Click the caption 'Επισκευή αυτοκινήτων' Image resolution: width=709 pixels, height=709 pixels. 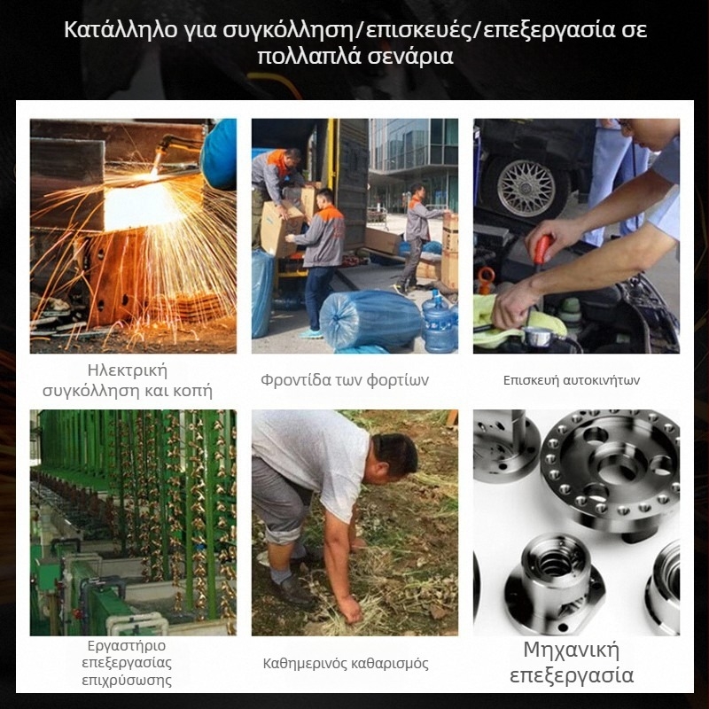click(x=571, y=380)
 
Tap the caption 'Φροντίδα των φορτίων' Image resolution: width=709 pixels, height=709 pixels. click(x=345, y=380)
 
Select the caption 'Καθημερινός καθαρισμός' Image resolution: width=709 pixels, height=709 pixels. click(x=346, y=663)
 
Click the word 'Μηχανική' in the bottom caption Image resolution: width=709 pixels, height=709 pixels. click(x=571, y=651)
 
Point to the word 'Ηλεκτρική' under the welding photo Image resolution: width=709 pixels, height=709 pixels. click(x=128, y=370)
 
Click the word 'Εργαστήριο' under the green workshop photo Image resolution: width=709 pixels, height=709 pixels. click(x=126, y=645)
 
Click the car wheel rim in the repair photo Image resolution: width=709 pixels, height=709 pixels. click(x=526, y=188)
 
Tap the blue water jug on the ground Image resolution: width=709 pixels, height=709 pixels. click(x=440, y=321)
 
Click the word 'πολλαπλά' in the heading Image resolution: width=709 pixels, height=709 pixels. click(x=307, y=58)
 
